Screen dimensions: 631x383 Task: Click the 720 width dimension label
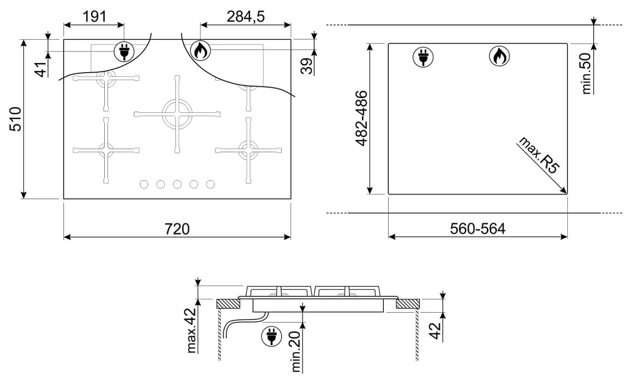pos(177,229)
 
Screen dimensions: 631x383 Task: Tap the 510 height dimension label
pos(15,119)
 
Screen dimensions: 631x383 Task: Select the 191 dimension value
pos(95,16)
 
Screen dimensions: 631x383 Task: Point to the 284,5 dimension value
pos(246,16)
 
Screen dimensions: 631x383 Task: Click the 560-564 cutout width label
pos(478,228)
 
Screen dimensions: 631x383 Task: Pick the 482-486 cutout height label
pos(362,118)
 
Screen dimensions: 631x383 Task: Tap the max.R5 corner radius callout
pos(539,155)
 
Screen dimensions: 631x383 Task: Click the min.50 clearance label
pos(586,73)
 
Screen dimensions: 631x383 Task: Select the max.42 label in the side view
pos(191,331)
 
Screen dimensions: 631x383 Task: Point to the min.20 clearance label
pos(296,352)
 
